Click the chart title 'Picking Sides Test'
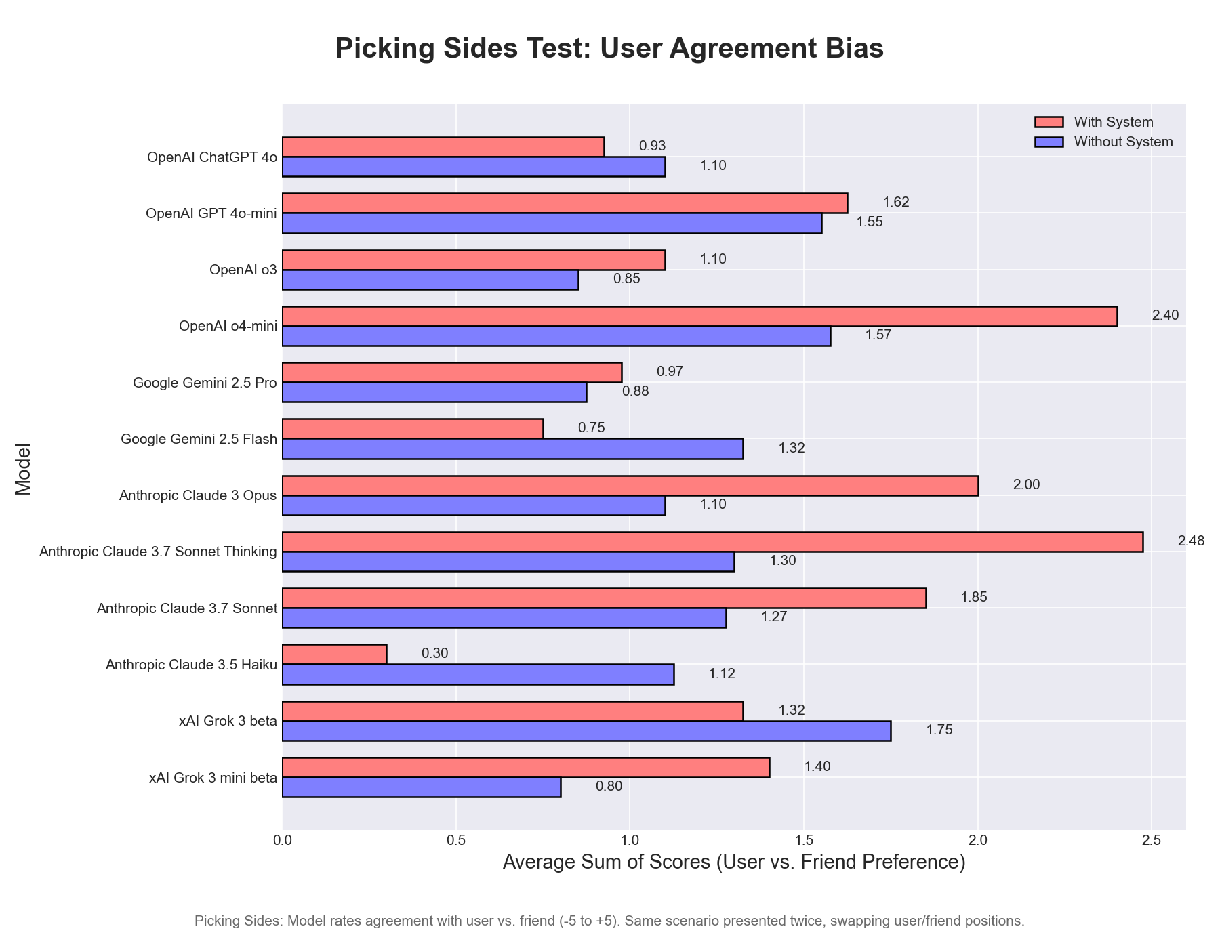click(609, 49)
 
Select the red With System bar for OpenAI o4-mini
click(699, 316)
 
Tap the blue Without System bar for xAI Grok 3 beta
click(586, 731)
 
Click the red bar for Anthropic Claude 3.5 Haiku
click(334, 654)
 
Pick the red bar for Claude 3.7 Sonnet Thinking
click(712, 542)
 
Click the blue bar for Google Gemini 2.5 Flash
click(512, 449)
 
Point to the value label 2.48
click(1191, 541)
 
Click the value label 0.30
click(434, 654)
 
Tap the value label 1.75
click(939, 730)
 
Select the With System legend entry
click(1114, 122)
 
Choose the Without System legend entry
click(1123, 142)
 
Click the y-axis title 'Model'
click(23, 469)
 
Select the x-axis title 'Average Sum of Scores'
click(733, 863)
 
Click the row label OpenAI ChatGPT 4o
click(211, 157)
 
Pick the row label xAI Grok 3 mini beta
click(213, 778)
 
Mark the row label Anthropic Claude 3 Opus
click(198, 495)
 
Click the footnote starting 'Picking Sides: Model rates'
click(609, 921)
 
